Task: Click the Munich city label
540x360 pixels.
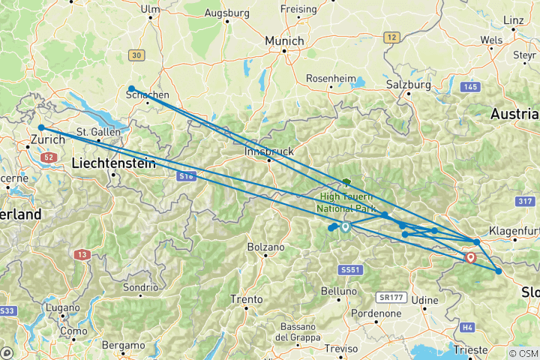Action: click(x=284, y=40)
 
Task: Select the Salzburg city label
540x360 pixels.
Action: click(x=409, y=85)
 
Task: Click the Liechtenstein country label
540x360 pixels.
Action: click(x=114, y=163)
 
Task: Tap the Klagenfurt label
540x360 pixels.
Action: click(x=514, y=230)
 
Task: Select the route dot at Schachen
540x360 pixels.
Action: click(x=131, y=88)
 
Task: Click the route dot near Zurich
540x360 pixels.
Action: click(x=41, y=128)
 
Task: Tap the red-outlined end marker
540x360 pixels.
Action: click(x=470, y=257)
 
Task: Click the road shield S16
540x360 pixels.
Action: click(x=187, y=175)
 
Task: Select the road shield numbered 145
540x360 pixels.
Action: click(x=470, y=88)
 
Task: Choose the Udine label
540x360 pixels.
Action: click(x=424, y=300)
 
